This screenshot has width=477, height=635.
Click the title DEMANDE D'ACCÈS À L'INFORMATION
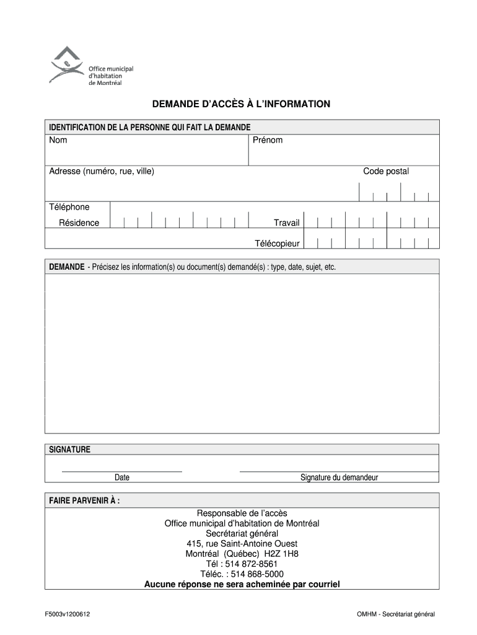click(242, 104)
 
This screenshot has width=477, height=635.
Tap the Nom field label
click(58, 140)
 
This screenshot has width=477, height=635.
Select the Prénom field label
click(268, 140)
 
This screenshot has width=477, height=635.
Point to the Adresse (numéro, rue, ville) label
click(102, 171)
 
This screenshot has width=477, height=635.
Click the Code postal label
click(386, 171)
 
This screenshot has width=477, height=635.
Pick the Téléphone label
click(69, 206)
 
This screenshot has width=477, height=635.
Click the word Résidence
click(79, 223)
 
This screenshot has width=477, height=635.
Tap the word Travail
click(287, 223)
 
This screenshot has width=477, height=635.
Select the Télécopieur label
click(277, 243)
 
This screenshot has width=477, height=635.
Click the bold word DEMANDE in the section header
click(67, 267)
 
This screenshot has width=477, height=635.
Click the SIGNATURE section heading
click(70, 449)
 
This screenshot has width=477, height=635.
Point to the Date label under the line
click(122, 477)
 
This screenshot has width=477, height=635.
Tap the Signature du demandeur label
click(339, 477)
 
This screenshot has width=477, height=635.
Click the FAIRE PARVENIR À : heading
click(85, 500)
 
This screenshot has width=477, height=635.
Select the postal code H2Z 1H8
click(281, 554)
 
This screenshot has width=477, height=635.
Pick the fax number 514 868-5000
click(257, 574)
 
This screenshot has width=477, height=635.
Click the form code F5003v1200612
click(69, 614)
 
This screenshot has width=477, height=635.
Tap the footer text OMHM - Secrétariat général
click(396, 614)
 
